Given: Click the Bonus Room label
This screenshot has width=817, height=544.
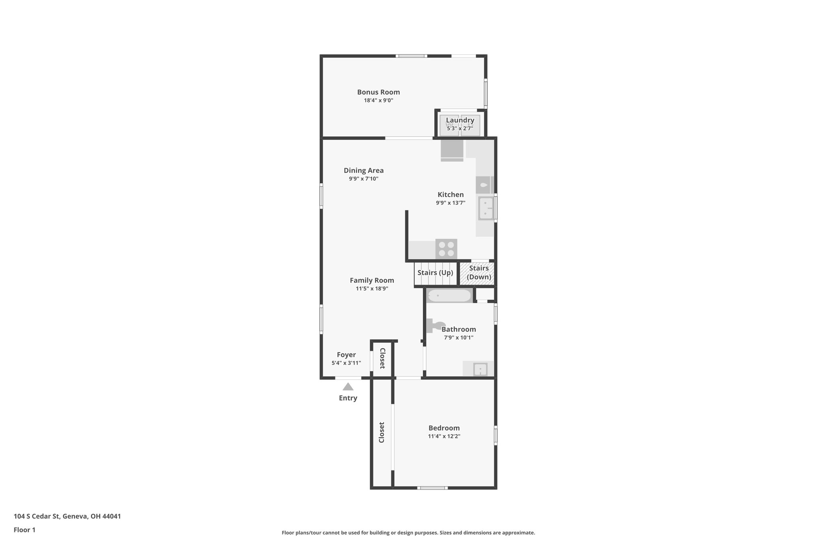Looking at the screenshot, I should (378, 92).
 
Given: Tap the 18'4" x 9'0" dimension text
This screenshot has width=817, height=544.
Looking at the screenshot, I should (378, 100).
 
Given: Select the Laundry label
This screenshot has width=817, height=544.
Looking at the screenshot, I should (460, 120).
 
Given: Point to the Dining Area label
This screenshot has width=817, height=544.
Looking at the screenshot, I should (363, 171).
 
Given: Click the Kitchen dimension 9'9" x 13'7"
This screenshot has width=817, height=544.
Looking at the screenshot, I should (450, 203).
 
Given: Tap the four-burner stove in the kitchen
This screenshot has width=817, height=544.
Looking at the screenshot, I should (446, 249).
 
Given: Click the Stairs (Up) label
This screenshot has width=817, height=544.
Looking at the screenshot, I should (435, 273).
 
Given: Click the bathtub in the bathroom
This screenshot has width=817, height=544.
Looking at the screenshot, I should (449, 296).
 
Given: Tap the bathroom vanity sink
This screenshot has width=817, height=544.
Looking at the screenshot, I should (480, 369).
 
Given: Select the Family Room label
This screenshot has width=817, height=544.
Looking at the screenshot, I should (372, 281).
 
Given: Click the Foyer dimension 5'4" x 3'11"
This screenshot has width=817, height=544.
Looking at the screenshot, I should (346, 363).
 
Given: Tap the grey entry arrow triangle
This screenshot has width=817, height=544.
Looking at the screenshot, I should (348, 387).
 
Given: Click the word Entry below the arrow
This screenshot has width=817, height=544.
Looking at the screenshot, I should (348, 398).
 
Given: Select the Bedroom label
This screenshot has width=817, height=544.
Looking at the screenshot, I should (444, 428).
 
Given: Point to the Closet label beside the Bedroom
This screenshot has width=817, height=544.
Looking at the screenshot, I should (382, 432).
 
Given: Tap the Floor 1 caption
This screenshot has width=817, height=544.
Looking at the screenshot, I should (24, 530).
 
